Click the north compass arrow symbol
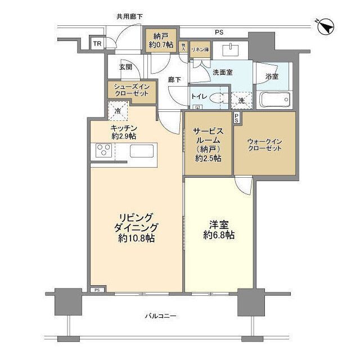pos(326,26)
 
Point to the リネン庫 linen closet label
pos(200,48)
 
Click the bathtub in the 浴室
pos(274,100)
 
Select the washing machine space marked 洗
pos(240,100)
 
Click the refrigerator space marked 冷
pos(118,111)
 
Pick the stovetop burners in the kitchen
pos(104,150)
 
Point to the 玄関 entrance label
pos(125,66)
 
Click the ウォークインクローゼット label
pos(264,145)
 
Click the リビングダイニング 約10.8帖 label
pos(136,228)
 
